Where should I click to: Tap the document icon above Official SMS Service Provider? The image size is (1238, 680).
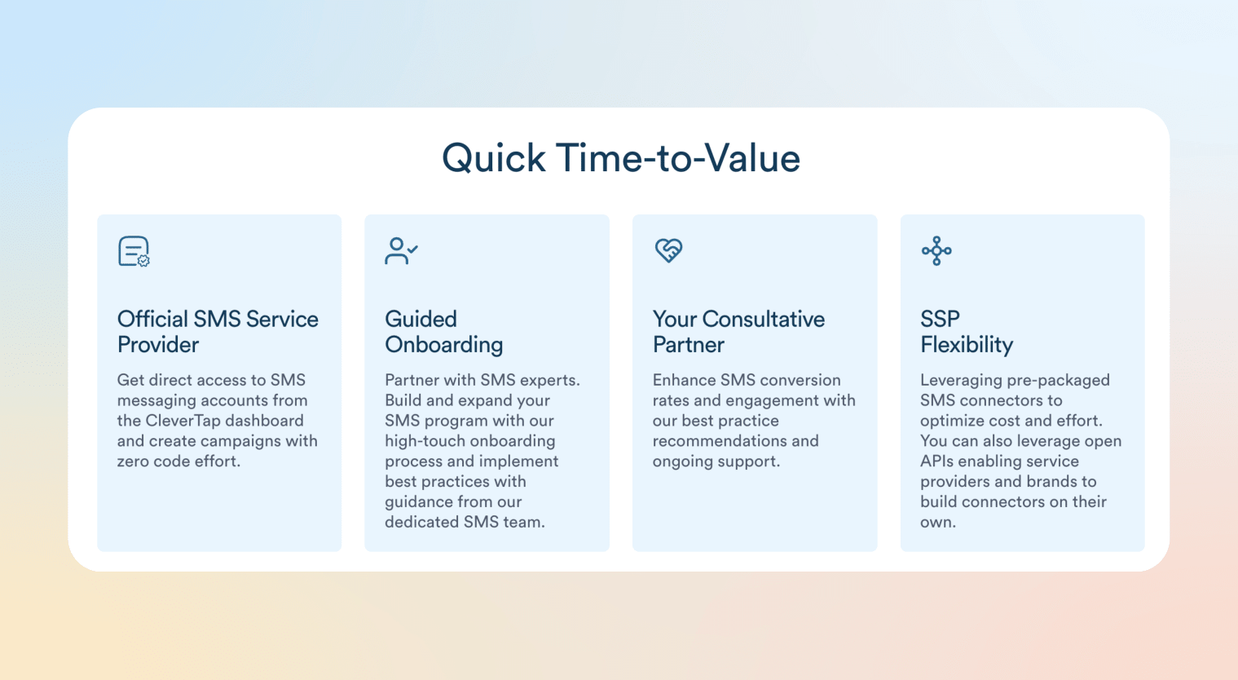(134, 251)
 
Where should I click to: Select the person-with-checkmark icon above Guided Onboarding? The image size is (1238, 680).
(401, 250)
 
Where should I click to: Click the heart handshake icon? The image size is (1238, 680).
(668, 250)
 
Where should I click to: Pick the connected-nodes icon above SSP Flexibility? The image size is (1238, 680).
(936, 250)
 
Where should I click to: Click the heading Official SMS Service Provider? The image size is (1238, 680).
(218, 331)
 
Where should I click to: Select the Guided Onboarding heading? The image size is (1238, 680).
(443, 331)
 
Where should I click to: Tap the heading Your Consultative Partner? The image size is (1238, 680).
(738, 331)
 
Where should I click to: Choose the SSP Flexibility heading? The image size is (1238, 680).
(967, 331)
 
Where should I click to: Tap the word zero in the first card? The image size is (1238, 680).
(134, 461)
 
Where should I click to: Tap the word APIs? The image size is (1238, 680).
(937, 461)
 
